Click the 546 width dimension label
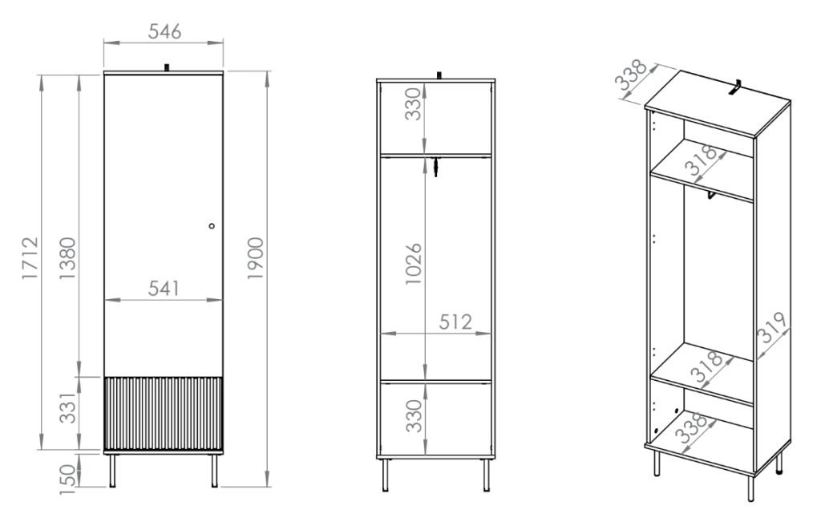pyautogui.click(x=164, y=31)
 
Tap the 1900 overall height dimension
pyautogui.click(x=256, y=258)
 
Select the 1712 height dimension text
pyautogui.click(x=30, y=258)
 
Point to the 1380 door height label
pyautogui.click(x=67, y=258)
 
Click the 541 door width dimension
pyautogui.click(x=164, y=289)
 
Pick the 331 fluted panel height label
pyautogui.click(x=67, y=408)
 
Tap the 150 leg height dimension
pyautogui.click(x=67, y=479)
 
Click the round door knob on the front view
pyautogui.click(x=212, y=225)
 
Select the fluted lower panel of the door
pyautogui.click(x=164, y=413)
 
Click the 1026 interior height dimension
pyautogui.click(x=414, y=263)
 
